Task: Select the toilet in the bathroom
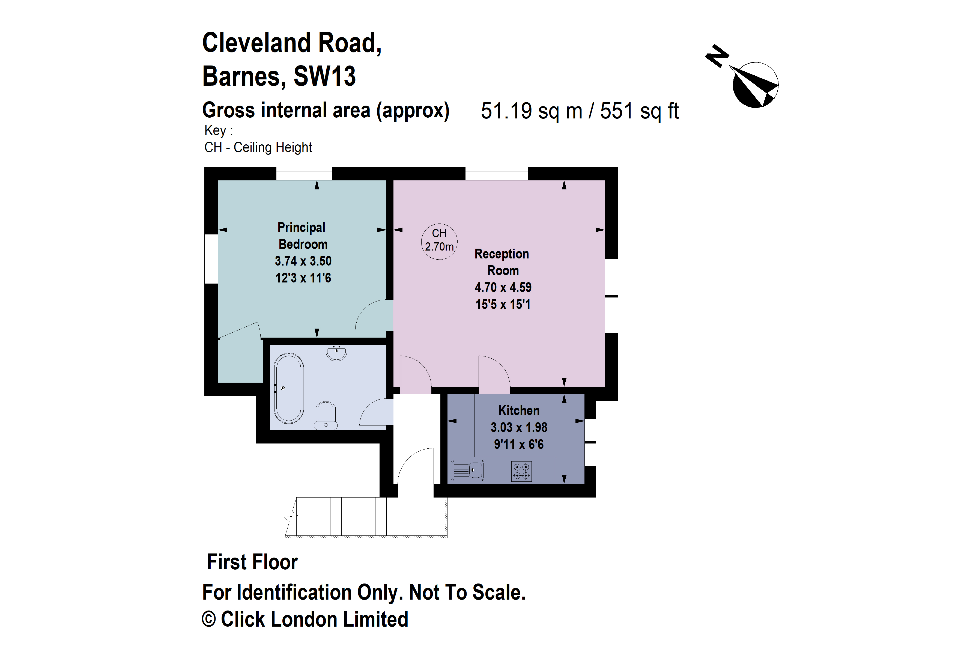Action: (326, 416)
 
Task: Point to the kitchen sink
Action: (468, 470)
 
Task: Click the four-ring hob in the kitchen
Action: (521, 471)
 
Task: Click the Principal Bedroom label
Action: (302, 236)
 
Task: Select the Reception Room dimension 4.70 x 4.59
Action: (503, 287)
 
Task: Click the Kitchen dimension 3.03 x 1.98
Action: (519, 427)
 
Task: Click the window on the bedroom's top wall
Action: (304, 173)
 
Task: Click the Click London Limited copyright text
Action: (314, 619)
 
